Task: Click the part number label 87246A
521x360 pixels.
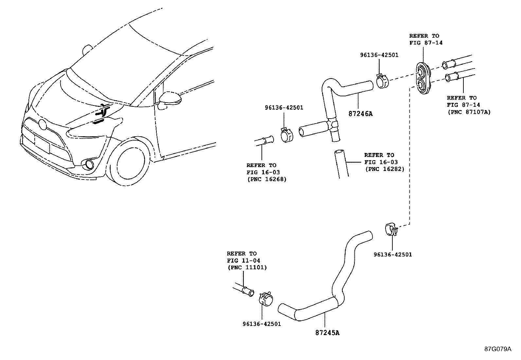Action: [x=361, y=114]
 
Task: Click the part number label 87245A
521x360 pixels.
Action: [x=327, y=333]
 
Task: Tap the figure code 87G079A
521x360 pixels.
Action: [x=498, y=349]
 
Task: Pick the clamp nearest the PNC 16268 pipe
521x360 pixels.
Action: [x=287, y=135]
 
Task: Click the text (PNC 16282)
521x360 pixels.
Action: [x=385, y=169]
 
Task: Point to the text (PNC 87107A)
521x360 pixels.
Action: [x=469, y=112]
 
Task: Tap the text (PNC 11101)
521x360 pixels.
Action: [x=247, y=267]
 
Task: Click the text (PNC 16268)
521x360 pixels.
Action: [x=266, y=179]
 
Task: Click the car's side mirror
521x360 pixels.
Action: [x=170, y=98]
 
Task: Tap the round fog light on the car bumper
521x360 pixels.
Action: [x=88, y=165]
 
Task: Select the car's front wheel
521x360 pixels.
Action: [x=130, y=163]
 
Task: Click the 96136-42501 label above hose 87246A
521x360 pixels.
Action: [x=379, y=55]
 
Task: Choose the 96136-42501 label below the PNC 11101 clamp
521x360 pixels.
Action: [x=262, y=324]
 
